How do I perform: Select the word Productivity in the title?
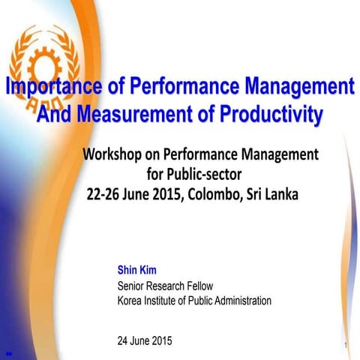(268, 115)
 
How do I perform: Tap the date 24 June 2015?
(145, 340)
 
